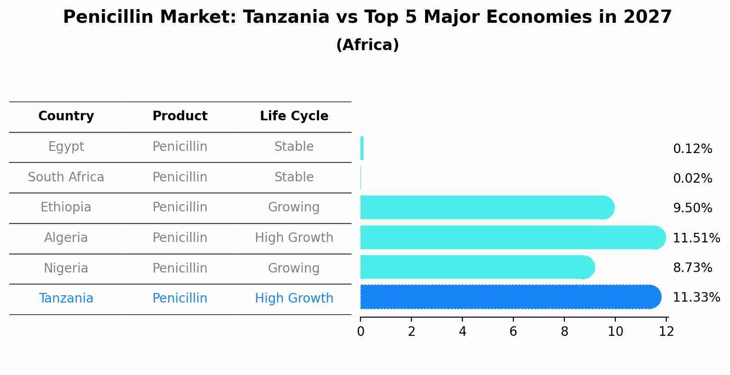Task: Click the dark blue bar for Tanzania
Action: (x=510, y=297)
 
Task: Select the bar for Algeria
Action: (x=512, y=237)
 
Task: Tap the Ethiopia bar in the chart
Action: (x=487, y=207)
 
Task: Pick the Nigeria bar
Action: (x=477, y=267)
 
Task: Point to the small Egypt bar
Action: (x=362, y=148)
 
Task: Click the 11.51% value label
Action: (x=696, y=238)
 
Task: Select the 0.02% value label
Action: (x=692, y=179)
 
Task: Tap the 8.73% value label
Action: (x=692, y=268)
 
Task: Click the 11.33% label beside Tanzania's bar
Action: (x=696, y=298)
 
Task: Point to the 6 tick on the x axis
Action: (x=513, y=332)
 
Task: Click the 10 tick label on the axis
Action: (x=615, y=332)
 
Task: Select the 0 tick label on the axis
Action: (x=360, y=332)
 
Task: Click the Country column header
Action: (x=66, y=116)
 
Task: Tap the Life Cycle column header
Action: (x=294, y=116)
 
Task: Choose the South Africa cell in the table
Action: (x=66, y=177)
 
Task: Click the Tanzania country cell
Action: (x=66, y=298)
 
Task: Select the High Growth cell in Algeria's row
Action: (x=294, y=238)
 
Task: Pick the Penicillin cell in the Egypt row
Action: (x=180, y=147)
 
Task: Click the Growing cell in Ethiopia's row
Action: (x=294, y=207)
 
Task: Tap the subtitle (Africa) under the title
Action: (x=367, y=45)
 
